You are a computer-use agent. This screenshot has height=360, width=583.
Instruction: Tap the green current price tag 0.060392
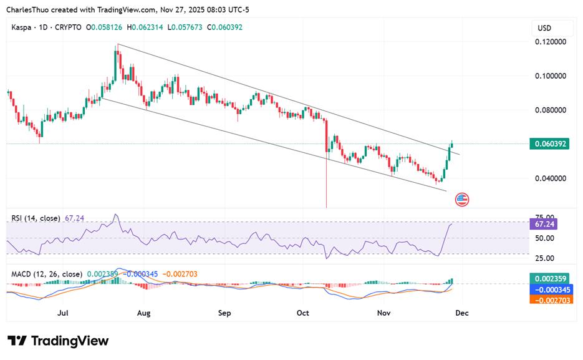point(549,144)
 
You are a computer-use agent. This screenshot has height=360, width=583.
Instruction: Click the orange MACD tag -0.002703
point(549,300)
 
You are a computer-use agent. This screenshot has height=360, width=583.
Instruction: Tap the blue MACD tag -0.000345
point(549,289)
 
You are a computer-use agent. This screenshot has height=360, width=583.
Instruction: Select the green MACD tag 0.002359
point(549,279)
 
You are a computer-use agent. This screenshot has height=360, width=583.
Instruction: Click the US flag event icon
point(462,200)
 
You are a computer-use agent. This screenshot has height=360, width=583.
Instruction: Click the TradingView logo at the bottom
point(58,341)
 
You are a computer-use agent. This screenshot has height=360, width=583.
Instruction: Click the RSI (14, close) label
point(36,218)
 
